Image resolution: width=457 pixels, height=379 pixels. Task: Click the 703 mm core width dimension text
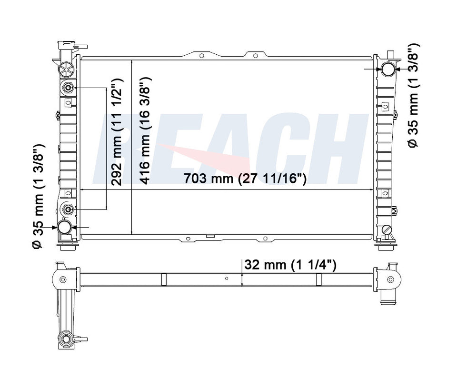(245, 178)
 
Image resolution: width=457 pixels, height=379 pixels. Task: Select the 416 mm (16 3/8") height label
(145, 131)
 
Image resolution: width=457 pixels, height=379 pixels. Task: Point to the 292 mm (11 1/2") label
(118, 132)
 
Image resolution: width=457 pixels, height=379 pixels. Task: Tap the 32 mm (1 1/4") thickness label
(290, 265)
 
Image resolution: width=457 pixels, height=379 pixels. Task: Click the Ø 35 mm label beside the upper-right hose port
(414, 96)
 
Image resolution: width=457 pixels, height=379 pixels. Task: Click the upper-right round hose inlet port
(388, 69)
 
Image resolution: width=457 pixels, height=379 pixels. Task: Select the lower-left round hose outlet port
(65, 227)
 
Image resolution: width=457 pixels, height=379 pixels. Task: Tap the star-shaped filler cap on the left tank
(66, 69)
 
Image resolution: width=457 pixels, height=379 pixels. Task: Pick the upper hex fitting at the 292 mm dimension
(68, 88)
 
